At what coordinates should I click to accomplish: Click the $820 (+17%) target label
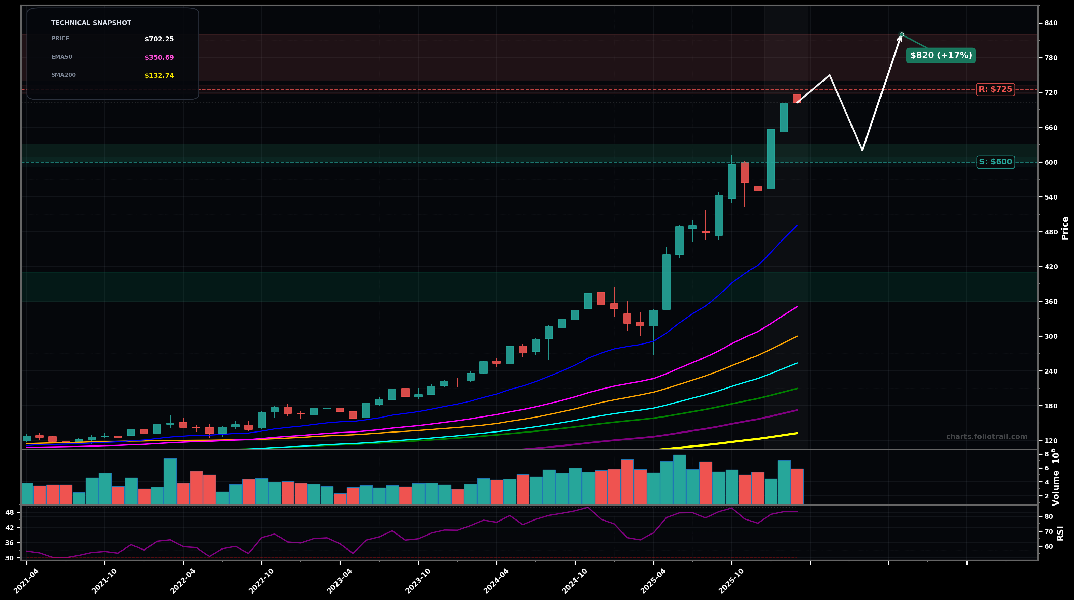941,55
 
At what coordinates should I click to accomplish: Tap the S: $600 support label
995,162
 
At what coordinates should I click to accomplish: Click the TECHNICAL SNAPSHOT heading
91,23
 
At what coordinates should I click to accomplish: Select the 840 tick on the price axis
1051,23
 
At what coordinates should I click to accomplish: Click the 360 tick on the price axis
1051,301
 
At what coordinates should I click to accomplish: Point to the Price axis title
1065,228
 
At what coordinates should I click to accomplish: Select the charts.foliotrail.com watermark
986,437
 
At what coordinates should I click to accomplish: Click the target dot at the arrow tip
901,34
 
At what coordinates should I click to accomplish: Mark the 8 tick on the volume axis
1046,454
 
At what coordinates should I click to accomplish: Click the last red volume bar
797,486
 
